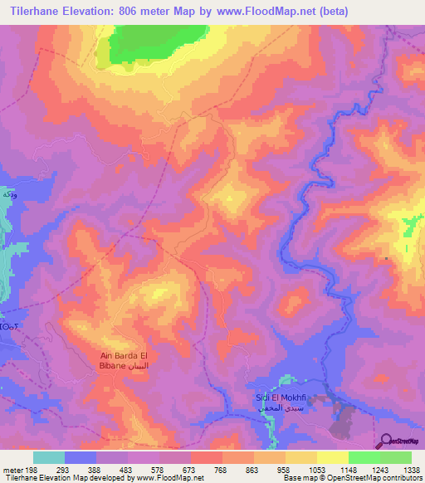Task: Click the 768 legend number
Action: click(221, 470)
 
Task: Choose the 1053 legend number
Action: click(315, 470)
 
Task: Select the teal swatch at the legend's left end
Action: click(49, 457)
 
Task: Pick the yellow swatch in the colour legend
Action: click(332, 457)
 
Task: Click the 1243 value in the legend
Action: click(379, 470)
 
